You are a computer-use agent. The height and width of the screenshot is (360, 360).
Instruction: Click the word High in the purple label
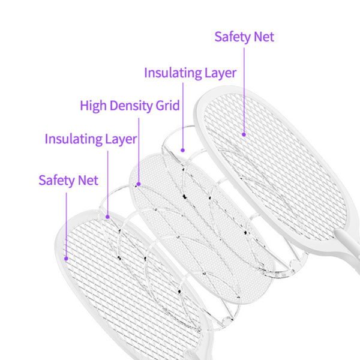click(93, 106)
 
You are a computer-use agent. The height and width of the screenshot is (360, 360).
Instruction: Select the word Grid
click(167, 106)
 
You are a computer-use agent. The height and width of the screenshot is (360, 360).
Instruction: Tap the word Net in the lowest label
click(88, 181)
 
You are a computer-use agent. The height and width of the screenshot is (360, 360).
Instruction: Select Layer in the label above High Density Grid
click(220, 73)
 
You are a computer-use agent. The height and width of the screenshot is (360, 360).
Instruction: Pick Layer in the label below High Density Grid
click(121, 139)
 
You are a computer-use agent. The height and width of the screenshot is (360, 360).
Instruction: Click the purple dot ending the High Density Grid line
click(139, 184)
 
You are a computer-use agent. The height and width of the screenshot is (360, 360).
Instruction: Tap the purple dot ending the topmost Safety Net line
click(244, 134)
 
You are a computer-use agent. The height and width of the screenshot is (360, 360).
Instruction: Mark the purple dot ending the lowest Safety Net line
click(66, 259)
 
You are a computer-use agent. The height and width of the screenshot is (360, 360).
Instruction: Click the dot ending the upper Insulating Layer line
click(182, 150)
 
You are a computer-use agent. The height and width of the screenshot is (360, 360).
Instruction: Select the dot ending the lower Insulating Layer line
click(107, 217)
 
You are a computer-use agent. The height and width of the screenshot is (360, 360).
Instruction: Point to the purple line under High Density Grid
click(139, 150)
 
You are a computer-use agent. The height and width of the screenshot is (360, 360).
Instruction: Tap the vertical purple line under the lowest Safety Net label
click(67, 225)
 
